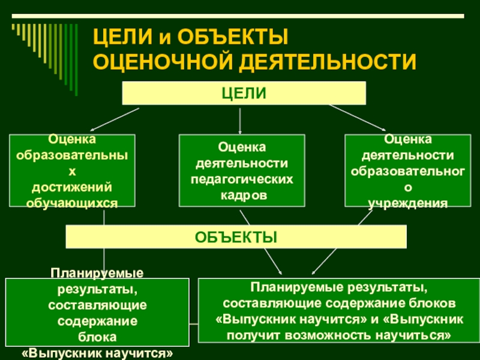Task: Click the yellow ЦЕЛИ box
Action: (x=244, y=93)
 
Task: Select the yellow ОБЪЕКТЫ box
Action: (x=236, y=236)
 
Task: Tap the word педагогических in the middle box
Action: (x=242, y=179)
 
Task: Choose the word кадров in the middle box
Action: (x=242, y=196)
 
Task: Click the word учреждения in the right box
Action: (x=407, y=203)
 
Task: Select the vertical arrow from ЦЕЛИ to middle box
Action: (x=240, y=120)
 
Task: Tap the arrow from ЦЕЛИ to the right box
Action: (x=357, y=118)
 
